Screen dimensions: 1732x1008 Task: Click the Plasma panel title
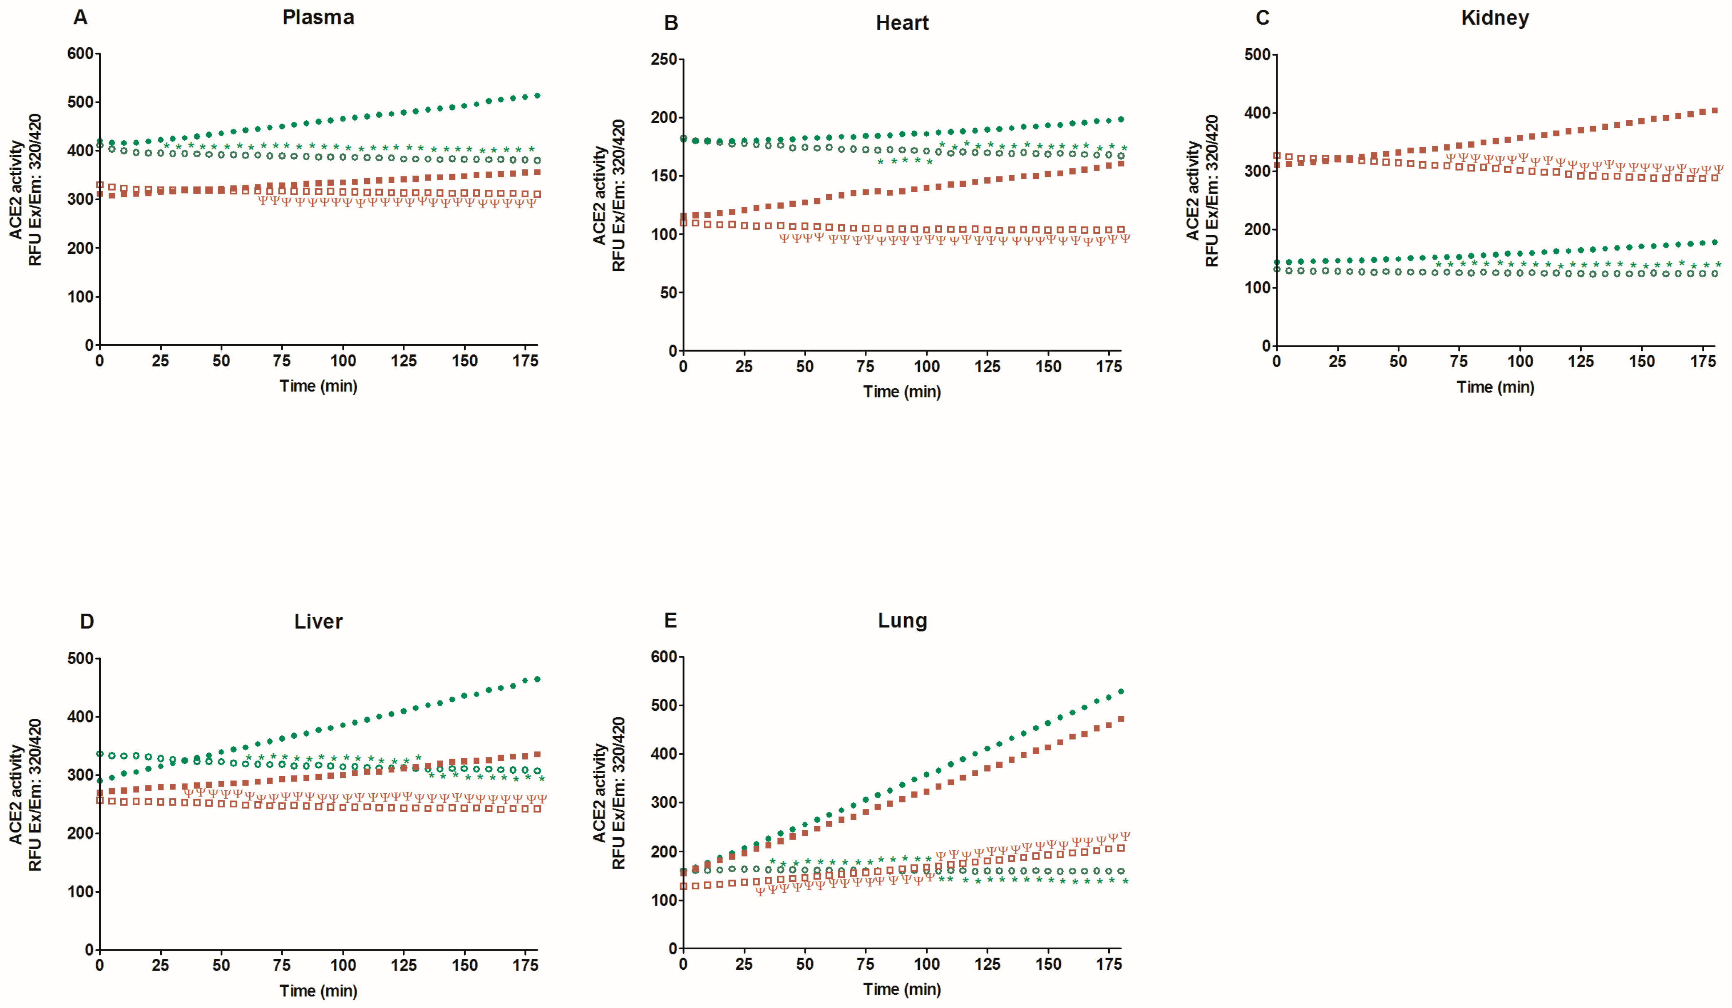click(318, 17)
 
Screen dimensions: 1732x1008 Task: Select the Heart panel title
click(902, 23)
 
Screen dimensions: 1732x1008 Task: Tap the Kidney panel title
click(1495, 18)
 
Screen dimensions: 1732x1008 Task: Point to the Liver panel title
click(318, 622)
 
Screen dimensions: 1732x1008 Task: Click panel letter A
click(80, 17)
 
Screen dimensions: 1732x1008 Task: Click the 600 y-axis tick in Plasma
click(80, 54)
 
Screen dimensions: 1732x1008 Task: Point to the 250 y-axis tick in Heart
click(664, 59)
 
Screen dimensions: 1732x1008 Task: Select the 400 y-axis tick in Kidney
click(1257, 113)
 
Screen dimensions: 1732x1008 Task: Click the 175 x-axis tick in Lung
click(1109, 964)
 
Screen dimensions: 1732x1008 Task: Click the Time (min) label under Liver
click(318, 991)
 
